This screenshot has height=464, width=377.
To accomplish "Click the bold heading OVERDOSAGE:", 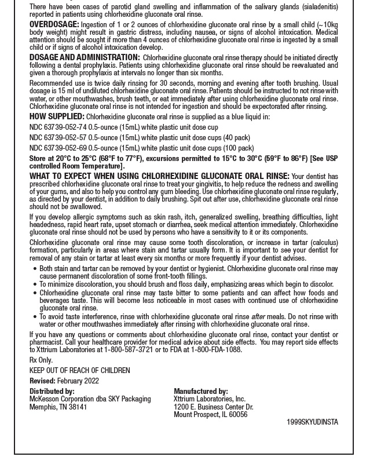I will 54,25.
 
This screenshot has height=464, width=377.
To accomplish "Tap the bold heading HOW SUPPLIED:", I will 57,116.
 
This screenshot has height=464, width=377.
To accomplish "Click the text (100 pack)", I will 237,148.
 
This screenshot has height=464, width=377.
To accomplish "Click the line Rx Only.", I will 41,360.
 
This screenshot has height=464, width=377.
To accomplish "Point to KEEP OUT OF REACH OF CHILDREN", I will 80,371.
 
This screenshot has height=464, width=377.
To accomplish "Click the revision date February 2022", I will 78,381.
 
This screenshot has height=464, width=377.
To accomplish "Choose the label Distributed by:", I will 52,392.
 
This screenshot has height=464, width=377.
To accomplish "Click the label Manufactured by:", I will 201,392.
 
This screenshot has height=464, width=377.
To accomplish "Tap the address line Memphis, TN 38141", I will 58,407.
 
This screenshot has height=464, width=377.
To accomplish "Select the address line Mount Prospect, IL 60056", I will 210,415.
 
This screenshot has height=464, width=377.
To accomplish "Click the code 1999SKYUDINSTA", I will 312,422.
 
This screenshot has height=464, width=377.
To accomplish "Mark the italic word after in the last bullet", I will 258,317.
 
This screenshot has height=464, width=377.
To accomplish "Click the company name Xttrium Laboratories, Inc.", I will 210,399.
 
